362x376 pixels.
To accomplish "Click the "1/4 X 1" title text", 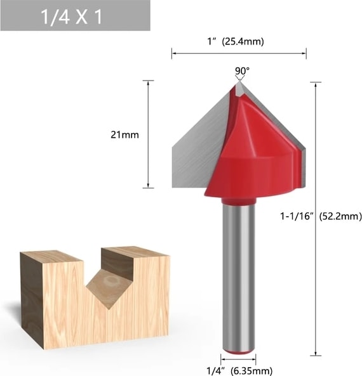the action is point(72,16).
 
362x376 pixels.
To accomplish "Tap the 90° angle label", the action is point(242,71).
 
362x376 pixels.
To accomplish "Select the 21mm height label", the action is point(124,135).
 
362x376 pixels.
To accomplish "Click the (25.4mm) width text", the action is point(243,41).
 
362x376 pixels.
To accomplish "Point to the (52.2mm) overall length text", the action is point(340,216).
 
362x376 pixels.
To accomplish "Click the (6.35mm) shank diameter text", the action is point(251,371).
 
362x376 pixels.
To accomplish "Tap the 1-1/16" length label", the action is point(297,216).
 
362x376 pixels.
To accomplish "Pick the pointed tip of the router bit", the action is point(239,82).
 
